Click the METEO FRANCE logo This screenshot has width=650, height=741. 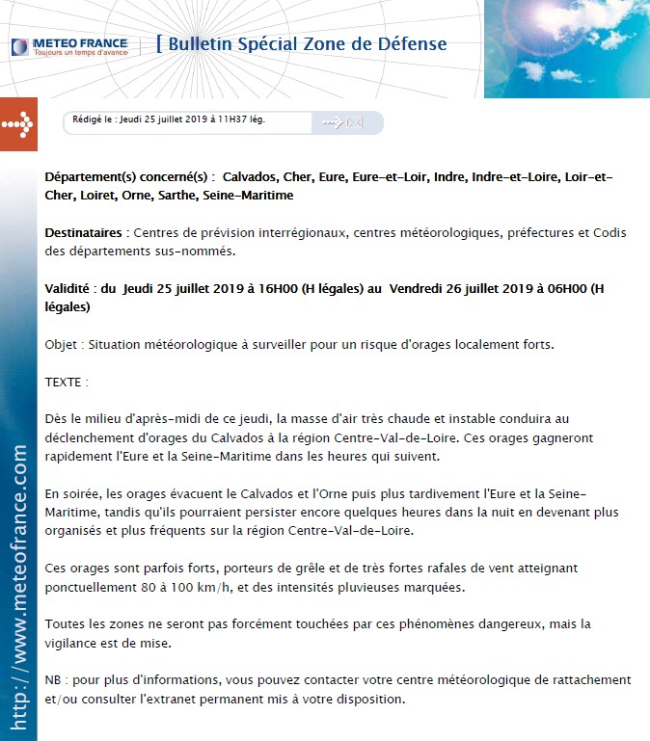(x=69, y=46)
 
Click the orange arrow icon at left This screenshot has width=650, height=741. (x=18, y=124)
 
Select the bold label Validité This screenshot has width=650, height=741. (x=69, y=288)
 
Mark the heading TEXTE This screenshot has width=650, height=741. (x=66, y=382)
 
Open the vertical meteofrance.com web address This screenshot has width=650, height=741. (x=18, y=588)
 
